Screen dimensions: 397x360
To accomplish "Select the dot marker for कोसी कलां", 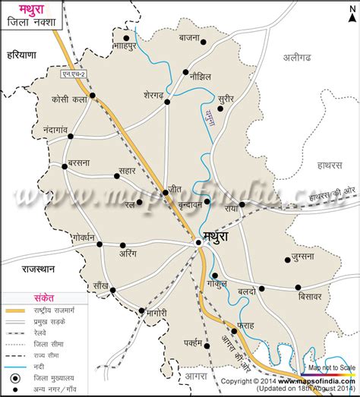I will tap(92, 96).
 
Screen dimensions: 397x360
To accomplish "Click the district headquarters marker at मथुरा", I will tap(198, 242).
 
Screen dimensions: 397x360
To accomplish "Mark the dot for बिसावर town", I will tap(298, 286).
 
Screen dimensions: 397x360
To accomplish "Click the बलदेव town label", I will tap(244, 290).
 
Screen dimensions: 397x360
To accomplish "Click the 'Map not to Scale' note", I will tap(331, 367).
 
